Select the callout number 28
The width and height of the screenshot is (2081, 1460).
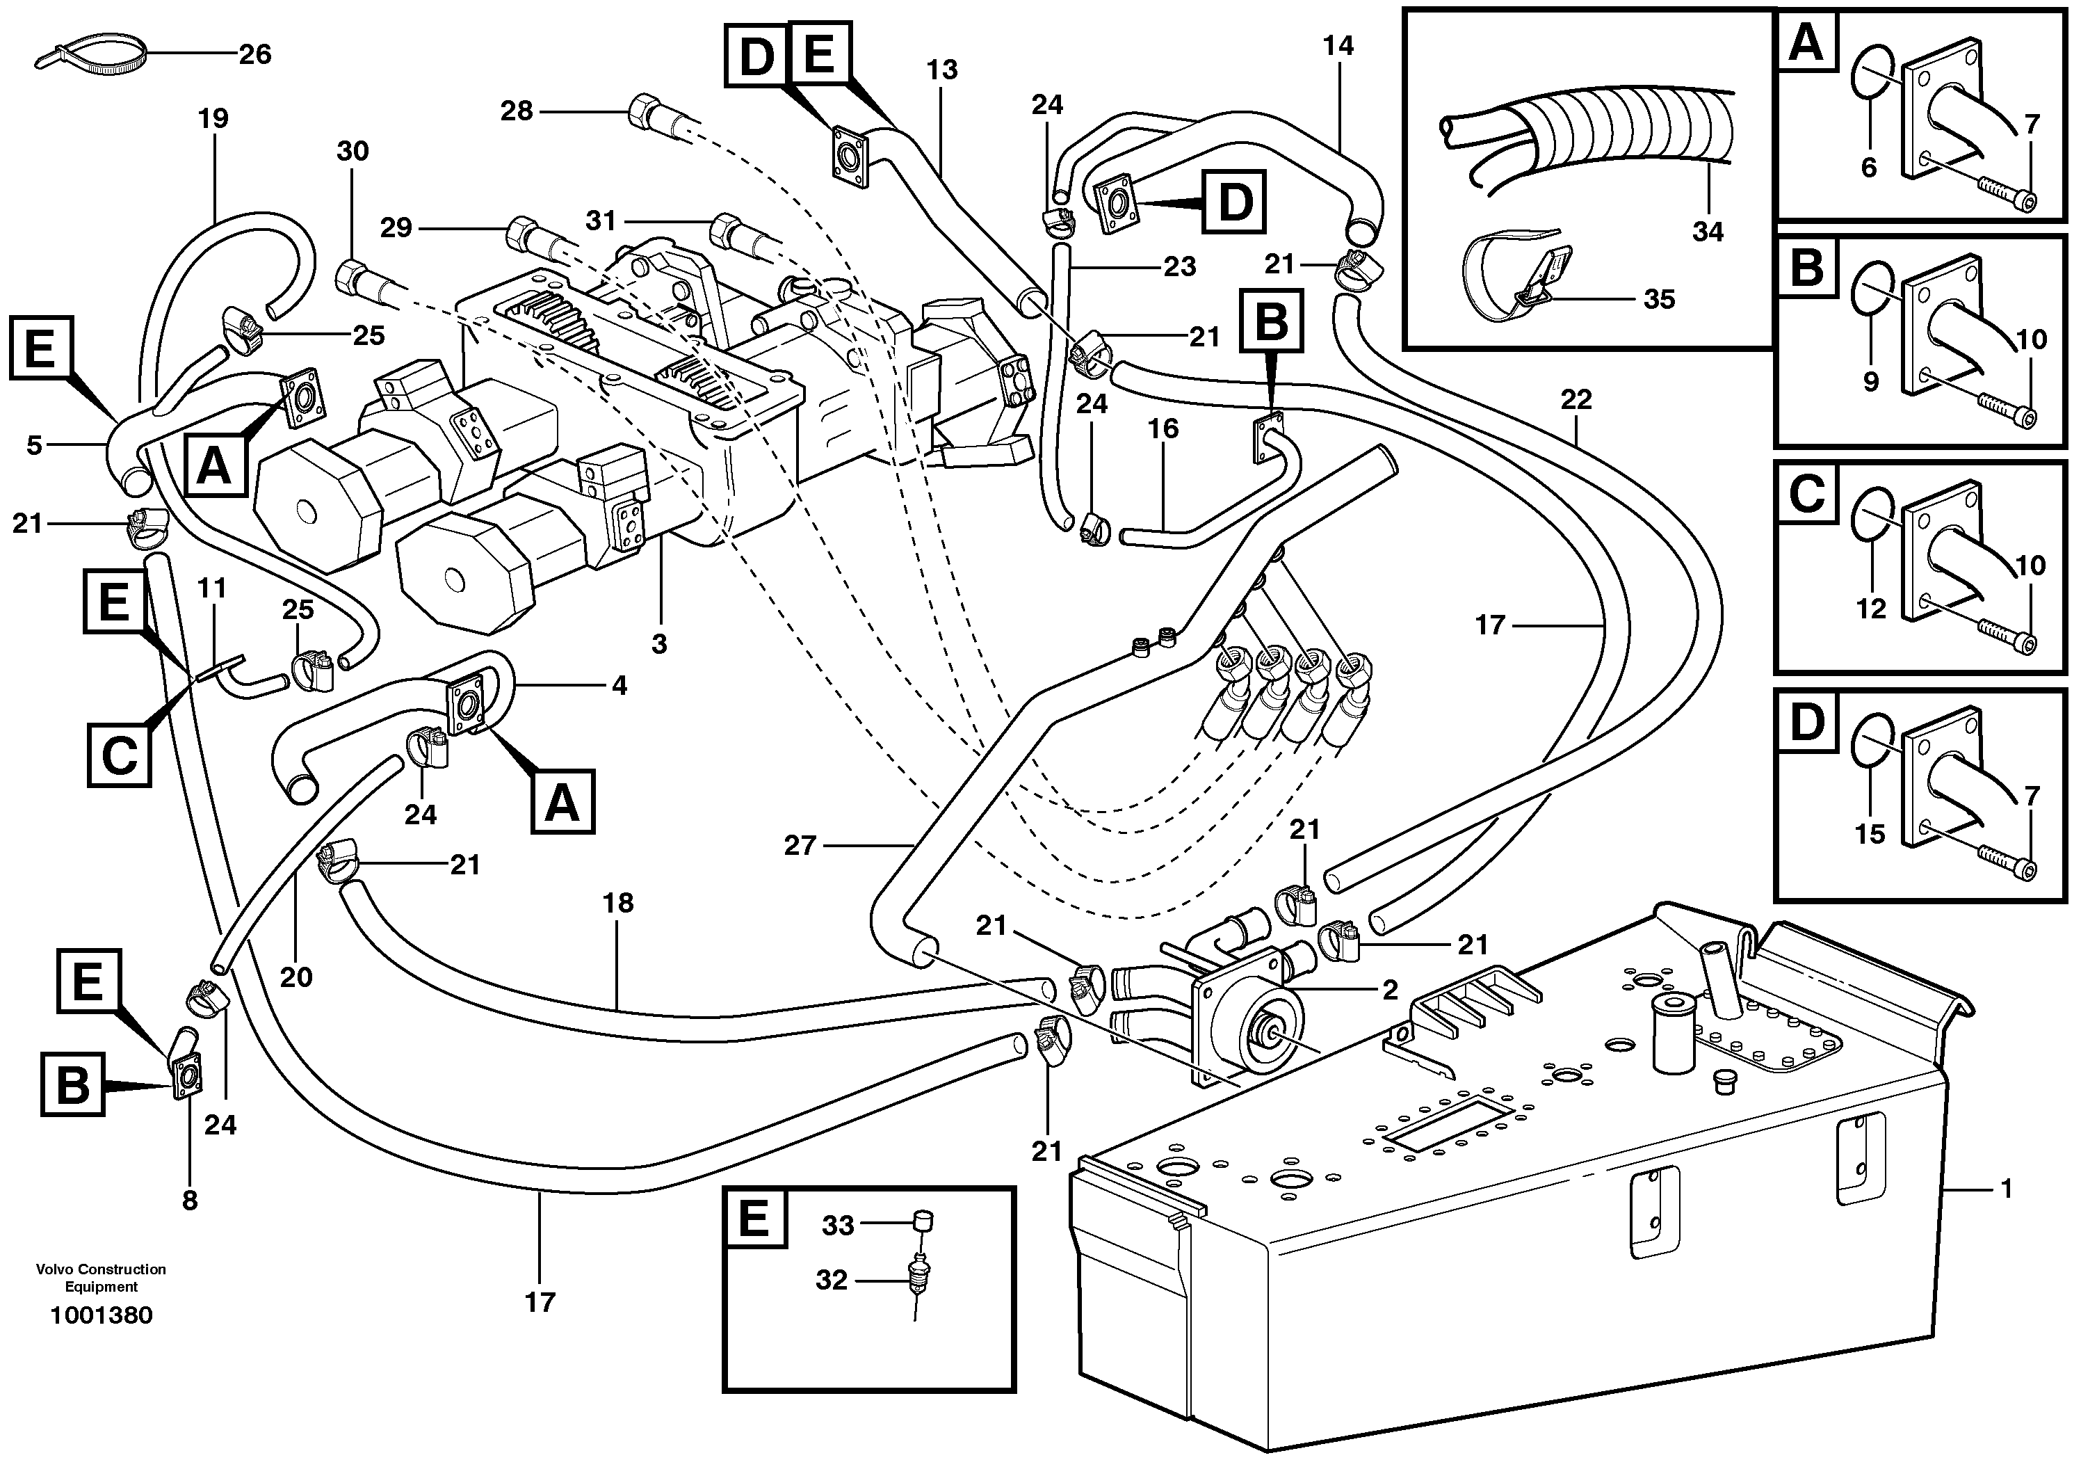517,111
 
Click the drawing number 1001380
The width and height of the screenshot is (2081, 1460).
102,1315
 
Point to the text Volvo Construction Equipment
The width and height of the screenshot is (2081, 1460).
102,1278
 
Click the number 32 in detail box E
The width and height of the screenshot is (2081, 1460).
831,1281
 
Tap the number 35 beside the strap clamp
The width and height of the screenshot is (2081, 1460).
1660,299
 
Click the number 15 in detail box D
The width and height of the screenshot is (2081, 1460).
1870,834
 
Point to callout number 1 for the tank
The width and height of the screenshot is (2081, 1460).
2006,1188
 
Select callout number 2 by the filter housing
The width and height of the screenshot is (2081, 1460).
1389,989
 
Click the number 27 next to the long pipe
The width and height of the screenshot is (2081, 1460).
800,846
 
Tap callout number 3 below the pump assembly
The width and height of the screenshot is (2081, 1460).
659,644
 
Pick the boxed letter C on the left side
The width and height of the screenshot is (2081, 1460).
119,753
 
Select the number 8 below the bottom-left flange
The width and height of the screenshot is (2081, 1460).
189,1201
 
